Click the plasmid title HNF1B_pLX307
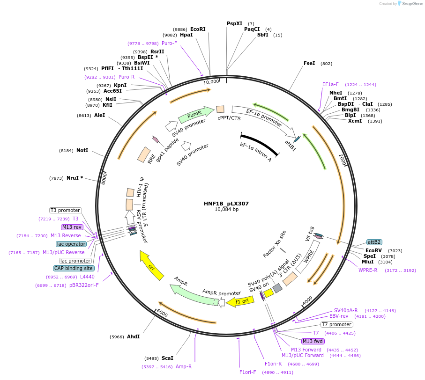click(x=226, y=204)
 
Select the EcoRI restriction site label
click(x=198, y=29)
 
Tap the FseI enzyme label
click(x=309, y=63)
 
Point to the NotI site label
click(x=82, y=150)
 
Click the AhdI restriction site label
click(x=133, y=336)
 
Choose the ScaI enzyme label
click(x=167, y=358)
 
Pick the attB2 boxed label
click(x=374, y=242)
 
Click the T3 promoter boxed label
click(x=66, y=211)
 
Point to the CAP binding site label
click(x=74, y=268)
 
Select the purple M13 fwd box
click(x=313, y=341)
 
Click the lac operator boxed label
click(x=71, y=244)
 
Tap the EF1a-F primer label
click(x=330, y=84)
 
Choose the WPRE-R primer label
click(x=368, y=270)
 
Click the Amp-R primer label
click(x=184, y=366)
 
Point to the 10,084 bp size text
click(x=226, y=210)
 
